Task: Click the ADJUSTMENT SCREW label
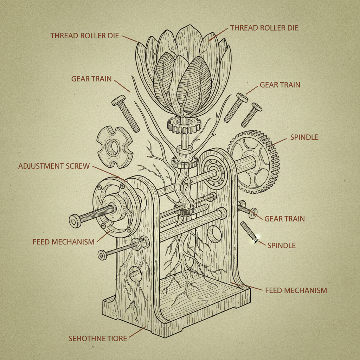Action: click(54, 166)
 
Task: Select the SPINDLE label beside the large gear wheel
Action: click(304, 137)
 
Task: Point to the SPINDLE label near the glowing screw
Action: click(281, 245)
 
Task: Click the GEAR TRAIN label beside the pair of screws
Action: click(280, 85)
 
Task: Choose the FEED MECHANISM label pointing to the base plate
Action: click(296, 290)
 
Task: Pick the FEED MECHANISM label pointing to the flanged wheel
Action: click(63, 242)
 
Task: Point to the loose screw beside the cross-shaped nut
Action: click(126, 113)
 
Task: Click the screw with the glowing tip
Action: click(249, 232)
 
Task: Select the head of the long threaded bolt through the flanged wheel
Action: click(75, 221)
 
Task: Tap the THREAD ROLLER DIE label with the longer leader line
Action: click(264, 28)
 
